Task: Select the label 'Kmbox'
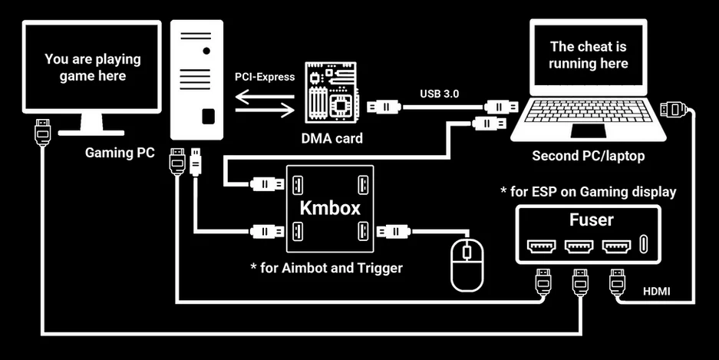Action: pyautogui.click(x=328, y=209)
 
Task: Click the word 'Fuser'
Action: pyautogui.click(x=591, y=220)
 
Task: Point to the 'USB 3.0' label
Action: pyautogui.click(x=440, y=94)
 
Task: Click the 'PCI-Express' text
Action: pyautogui.click(x=264, y=77)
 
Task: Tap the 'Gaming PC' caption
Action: pyautogui.click(x=120, y=153)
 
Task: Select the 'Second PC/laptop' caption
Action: pyautogui.click(x=589, y=156)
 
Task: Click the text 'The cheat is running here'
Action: pyautogui.click(x=589, y=54)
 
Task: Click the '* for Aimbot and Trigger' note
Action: pyautogui.click(x=327, y=268)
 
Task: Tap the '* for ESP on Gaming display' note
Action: pyautogui.click(x=588, y=191)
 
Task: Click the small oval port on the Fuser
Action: pyautogui.click(x=645, y=246)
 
